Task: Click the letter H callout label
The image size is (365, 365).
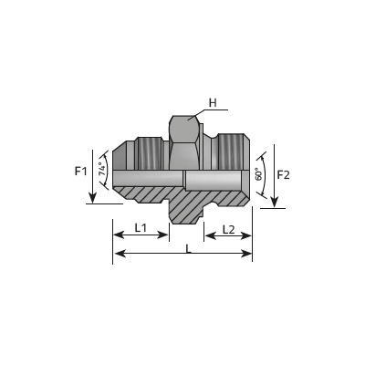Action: point(213,103)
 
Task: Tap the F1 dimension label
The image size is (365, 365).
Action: point(80,172)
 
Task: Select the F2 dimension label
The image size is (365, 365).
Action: point(284,175)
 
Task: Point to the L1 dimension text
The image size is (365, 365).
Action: point(141,228)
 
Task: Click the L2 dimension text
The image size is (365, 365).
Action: point(228,230)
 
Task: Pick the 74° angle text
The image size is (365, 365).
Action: point(103,170)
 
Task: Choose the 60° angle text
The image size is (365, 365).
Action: point(258,174)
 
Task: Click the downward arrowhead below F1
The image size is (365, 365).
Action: point(92,198)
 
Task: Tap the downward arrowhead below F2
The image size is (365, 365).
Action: point(275,203)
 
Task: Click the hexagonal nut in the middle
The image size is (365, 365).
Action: point(185,142)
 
